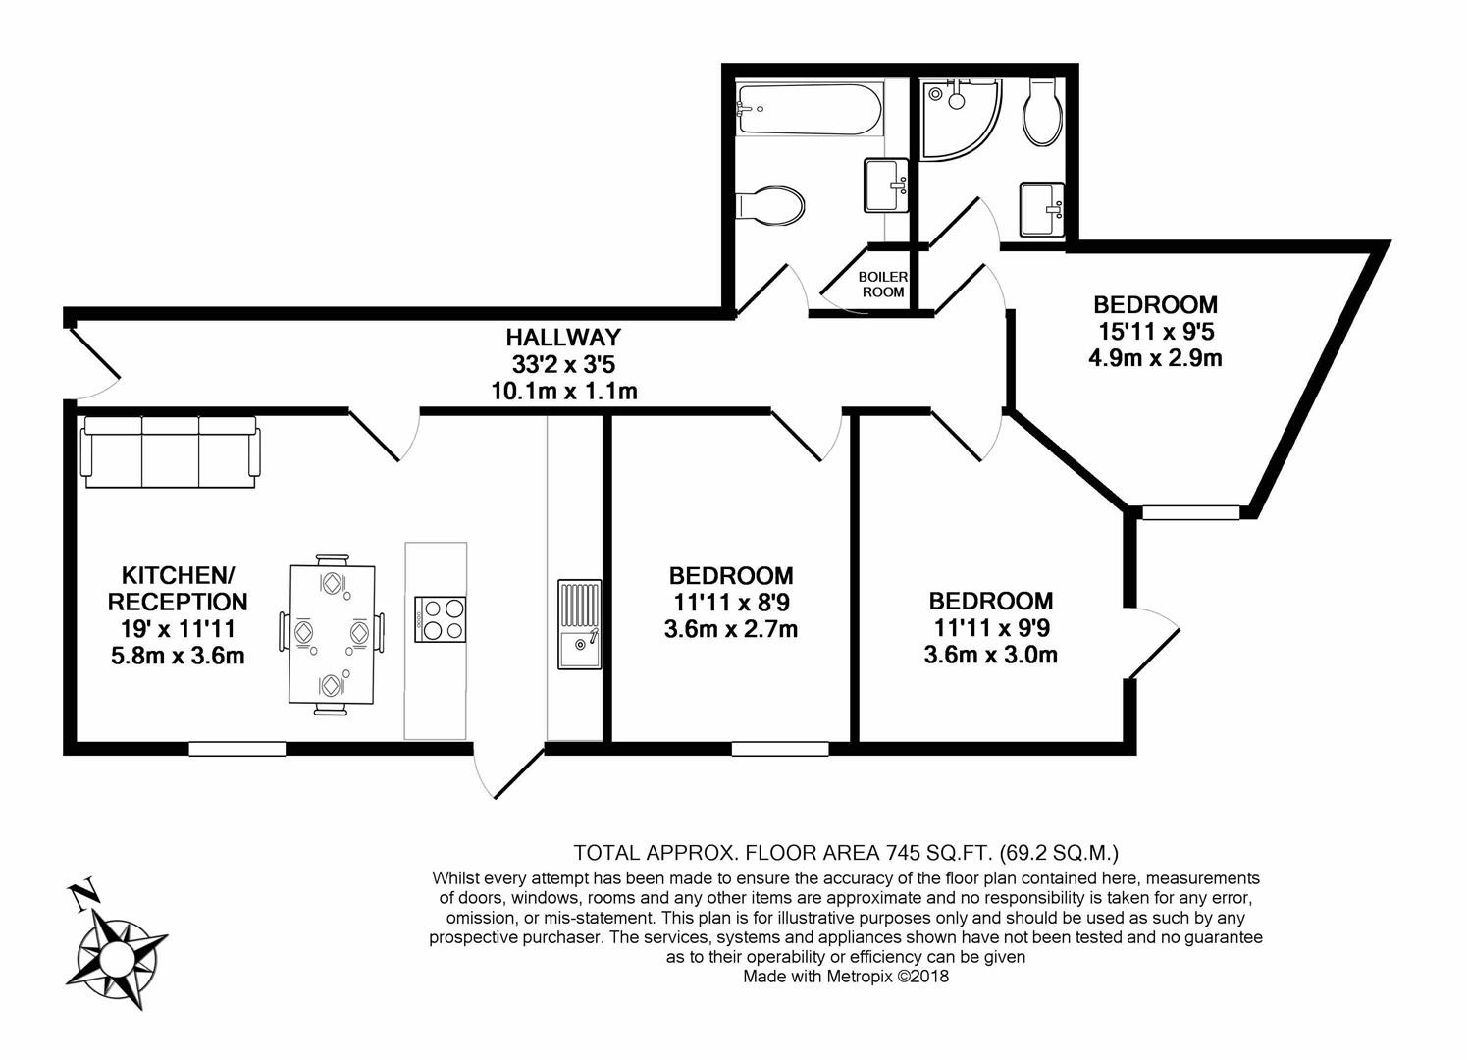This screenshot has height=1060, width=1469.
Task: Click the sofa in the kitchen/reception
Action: pyautogui.click(x=172, y=452)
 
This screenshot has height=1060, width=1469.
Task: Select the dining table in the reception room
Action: pyautogui.click(x=332, y=635)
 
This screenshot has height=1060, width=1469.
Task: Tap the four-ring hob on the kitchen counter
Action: pyautogui.click(x=441, y=619)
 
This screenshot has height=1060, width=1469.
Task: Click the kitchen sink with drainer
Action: pyautogui.click(x=579, y=624)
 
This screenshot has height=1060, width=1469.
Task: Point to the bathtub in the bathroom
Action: pyautogui.click(x=810, y=110)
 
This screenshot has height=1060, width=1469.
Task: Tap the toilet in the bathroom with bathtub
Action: pyautogui.click(x=771, y=205)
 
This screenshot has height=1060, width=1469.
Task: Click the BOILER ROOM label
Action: pyautogui.click(x=882, y=285)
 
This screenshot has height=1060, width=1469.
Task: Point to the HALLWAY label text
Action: pyautogui.click(x=563, y=338)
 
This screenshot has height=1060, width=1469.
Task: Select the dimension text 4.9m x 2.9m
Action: pyautogui.click(x=1155, y=358)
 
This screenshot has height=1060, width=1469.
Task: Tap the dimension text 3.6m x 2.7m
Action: pyautogui.click(x=730, y=629)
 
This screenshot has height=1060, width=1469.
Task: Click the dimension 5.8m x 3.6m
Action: pyautogui.click(x=178, y=655)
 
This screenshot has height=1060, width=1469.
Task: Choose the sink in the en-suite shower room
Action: pyautogui.click(x=1041, y=209)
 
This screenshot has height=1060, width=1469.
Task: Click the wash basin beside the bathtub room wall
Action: pyautogui.click(x=886, y=185)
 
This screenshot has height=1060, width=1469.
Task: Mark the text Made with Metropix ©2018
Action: pyautogui.click(x=845, y=977)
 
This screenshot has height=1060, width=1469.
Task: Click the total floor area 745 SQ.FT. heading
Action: pyautogui.click(x=845, y=852)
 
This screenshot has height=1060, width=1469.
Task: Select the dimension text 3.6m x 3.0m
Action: pyautogui.click(x=990, y=654)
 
